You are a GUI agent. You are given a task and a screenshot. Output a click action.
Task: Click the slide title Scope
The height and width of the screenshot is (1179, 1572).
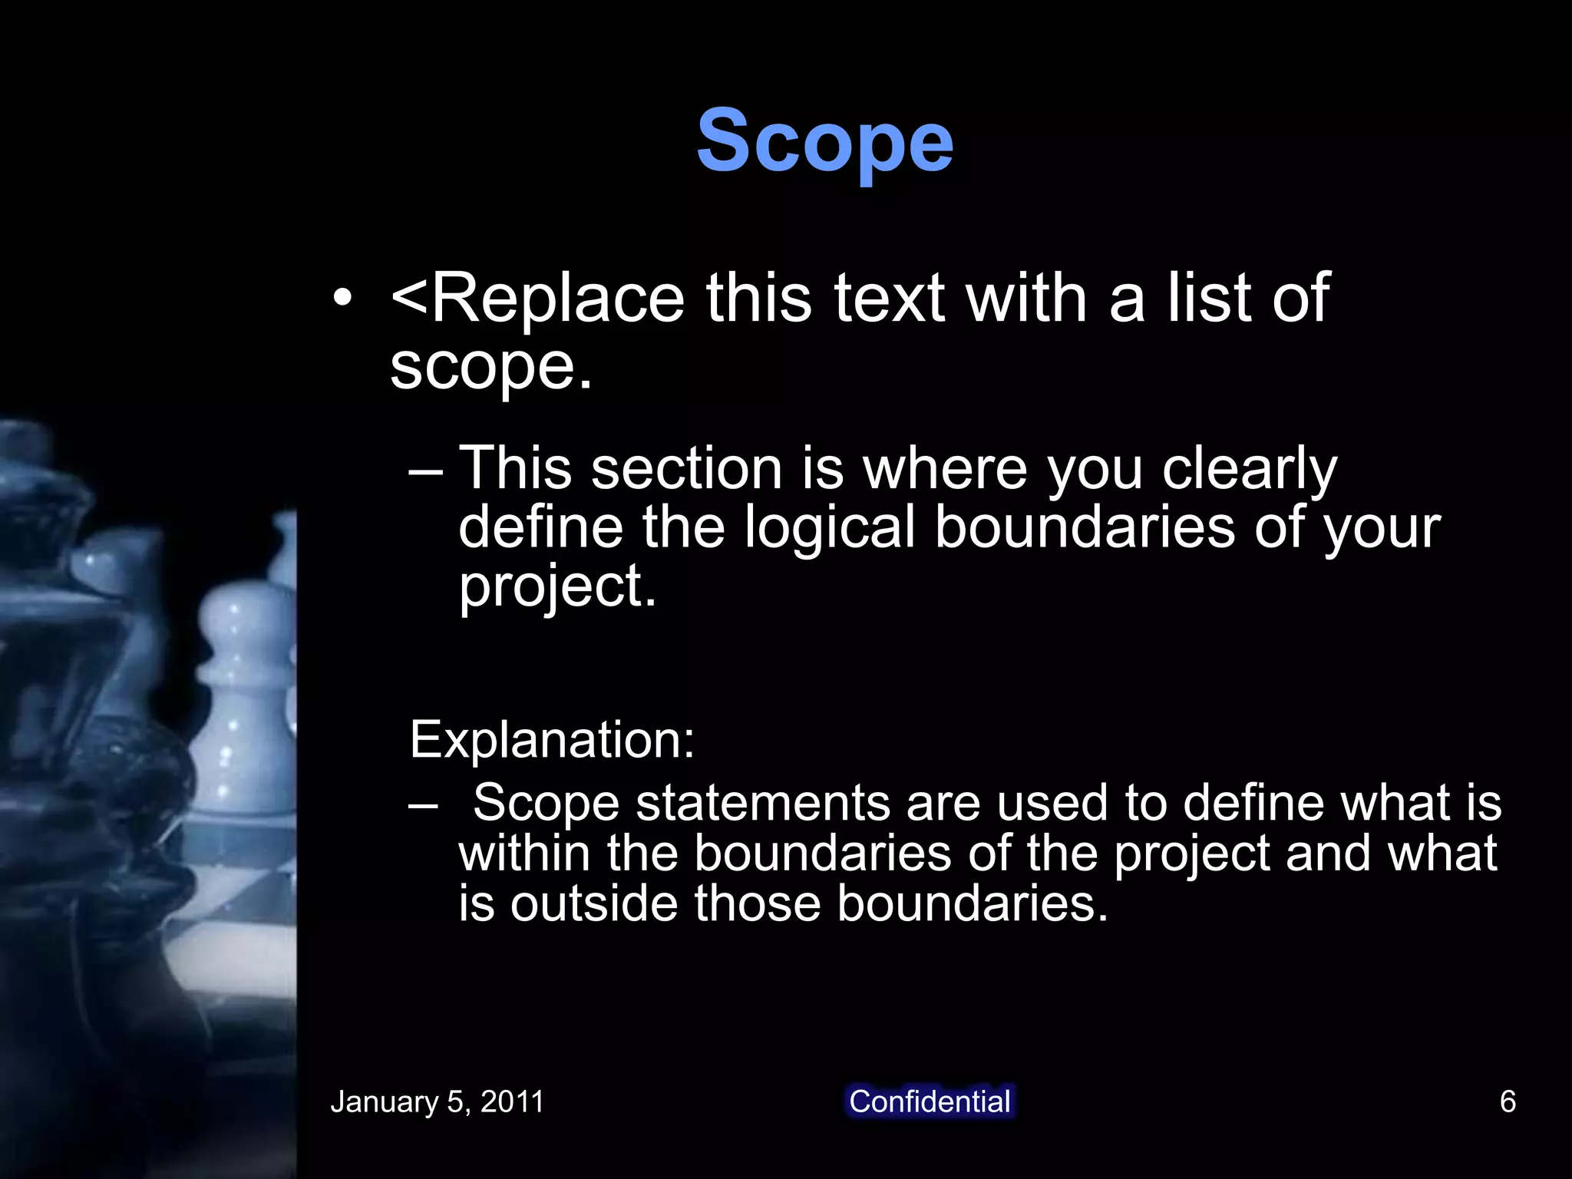[824, 142]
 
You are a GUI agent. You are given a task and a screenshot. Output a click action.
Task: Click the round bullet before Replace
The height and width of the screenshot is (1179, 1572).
[342, 299]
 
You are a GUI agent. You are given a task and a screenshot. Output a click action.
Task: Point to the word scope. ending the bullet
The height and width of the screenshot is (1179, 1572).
[491, 367]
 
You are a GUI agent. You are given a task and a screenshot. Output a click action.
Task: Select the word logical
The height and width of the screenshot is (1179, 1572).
[830, 528]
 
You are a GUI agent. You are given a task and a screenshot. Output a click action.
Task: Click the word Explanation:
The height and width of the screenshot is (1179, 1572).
[552, 740]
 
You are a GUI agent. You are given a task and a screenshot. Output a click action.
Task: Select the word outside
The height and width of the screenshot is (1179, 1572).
[594, 903]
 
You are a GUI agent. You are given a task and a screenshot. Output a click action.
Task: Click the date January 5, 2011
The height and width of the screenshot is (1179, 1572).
[437, 1101]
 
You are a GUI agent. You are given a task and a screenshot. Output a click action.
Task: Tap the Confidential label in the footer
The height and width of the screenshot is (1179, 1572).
[930, 1101]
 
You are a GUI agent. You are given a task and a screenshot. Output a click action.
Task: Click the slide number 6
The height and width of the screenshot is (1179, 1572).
[1508, 1101]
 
